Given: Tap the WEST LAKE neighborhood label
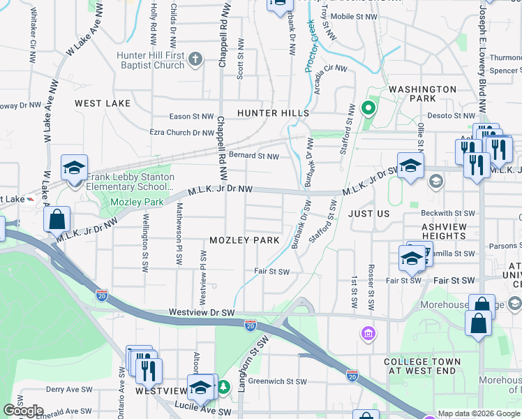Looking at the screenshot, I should pyautogui.click(x=103, y=103).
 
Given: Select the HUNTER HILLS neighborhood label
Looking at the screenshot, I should pyautogui.click(x=272, y=113).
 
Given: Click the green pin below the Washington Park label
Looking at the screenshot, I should pyautogui.click(x=368, y=108).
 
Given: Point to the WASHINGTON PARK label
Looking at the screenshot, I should pyautogui.click(x=422, y=94).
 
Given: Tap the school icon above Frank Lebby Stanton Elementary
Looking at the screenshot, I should pyautogui.click(x=74, y=168).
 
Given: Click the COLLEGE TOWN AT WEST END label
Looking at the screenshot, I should pyautogui.click(x=422, y=366).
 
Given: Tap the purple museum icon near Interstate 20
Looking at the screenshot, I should pyautogui.click(x=368, y=335).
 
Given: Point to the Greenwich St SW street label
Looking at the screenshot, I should pyautogui.click(x=278, y=381).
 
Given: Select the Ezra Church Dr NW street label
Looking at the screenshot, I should pyautogui.click(x=181, y=132).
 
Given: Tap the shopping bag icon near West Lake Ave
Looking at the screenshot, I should pyautogui.click(x=57, y=219).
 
